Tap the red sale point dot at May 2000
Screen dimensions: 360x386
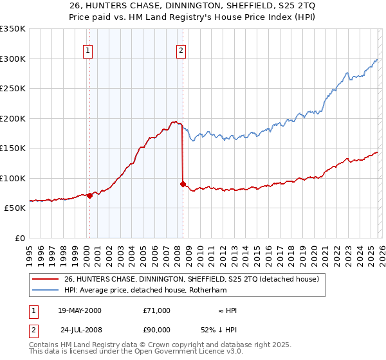pyautogui.click(x=89, y=196)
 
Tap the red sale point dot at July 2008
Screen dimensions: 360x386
pyautogui.click(x=183, y=184)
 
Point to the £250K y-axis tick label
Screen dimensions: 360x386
pyautogui.click(x=13, y=89)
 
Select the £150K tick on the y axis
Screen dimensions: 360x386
pyautogui.click(x=13, y=148)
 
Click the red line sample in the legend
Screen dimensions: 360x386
pyautogui.click(x=46, y=280)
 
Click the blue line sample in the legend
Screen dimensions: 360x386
pyautogui.click(x=46, y=291)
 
